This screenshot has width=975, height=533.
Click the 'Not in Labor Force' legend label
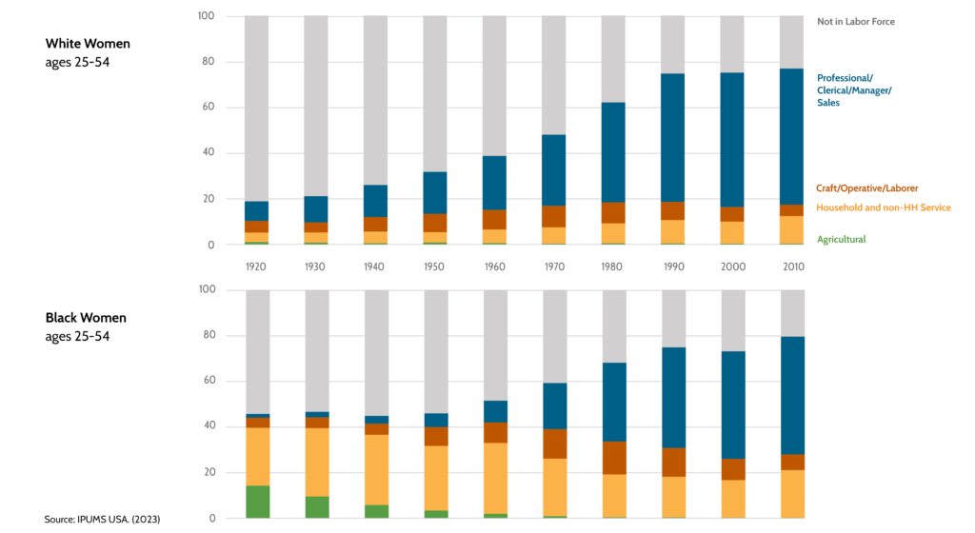point(855,21)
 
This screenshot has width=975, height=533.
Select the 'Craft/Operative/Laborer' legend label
point(866,188)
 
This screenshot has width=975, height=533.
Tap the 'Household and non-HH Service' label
point(883,207)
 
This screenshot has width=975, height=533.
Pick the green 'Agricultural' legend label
point(841,240)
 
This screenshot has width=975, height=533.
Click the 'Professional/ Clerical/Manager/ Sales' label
point(854,89)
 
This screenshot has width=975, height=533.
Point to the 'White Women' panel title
point(88,44)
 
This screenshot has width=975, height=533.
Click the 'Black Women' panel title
point(86,318)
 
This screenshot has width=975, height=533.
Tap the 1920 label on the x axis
point(256,267)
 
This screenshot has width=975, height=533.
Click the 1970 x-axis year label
point(554,267)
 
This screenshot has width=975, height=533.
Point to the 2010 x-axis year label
point(792,267)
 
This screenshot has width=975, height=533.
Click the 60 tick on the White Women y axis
point(206,108)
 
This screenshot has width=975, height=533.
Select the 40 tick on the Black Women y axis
point(206,426)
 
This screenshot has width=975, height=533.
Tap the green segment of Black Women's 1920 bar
point(258,502)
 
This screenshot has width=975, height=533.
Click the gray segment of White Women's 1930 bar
point(316,105)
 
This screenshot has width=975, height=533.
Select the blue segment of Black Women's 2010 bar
point(793,395)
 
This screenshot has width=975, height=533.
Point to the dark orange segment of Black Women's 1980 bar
point(614,458)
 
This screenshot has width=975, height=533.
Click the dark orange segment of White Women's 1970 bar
point(554,216)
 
